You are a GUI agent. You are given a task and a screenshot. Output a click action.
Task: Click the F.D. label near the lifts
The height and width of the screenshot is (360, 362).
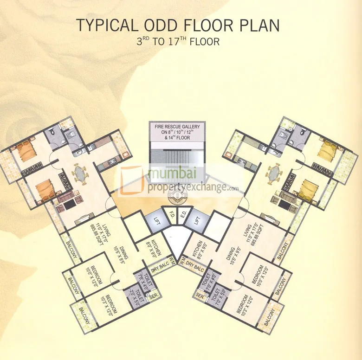172,216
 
